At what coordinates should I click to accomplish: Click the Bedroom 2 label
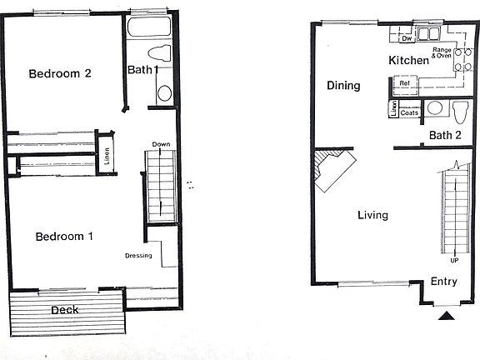pyautogui.click(x=59, y=73)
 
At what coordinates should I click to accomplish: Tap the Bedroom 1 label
pyautogui.click(x=64, y=237)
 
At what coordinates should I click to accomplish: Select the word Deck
pyautogui.click(x=65, y=311)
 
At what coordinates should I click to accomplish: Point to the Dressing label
pyautogui.click(x=138, y=255)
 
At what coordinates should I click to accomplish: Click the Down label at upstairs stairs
pyautogui.click(x=161, y=144)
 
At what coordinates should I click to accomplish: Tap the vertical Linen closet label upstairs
pyautogui.click(x=107, y=157)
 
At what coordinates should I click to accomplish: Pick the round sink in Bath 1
pyautogui.click(x=163, y=92)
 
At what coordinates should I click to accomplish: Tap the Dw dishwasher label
pyautogui.click(x=407, y=38)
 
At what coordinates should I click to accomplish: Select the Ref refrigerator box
pyautogui.click(x=404, y=83)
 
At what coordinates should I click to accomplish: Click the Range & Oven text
pyautogui.click(x=442, y=52)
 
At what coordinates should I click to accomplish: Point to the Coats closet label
pyautogui.click(x=409, y=112)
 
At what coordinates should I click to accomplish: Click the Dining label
pyautogui.click(x=343, y=86)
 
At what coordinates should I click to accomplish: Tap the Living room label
pyautogui.click(x=372, y=215)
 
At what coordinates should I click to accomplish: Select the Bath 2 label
pyautogui.click(x=445, y=135)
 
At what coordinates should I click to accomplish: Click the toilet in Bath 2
pyautogui.click(x=459, y=109)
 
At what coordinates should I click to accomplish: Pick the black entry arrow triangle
pyautogui.click(x=446, y=315)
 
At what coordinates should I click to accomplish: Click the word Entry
pyautogui.click(x=443, y=282)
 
